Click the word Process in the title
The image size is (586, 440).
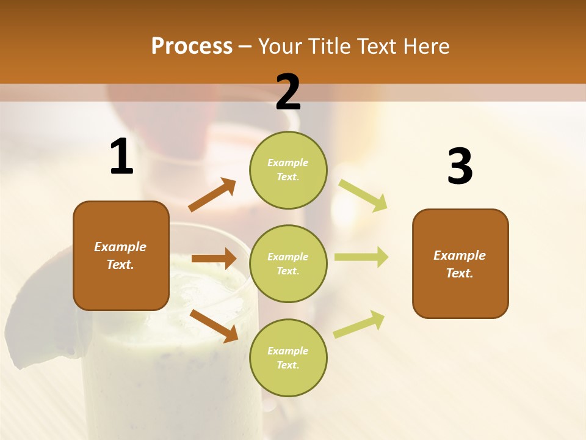pos(192,46)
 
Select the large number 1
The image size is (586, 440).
pos(121,157)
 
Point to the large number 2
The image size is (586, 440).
pos(288,92)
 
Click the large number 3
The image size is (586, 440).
pos(460,166)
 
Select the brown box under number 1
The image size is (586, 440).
pos(121,255)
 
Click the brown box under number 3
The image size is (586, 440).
pos(460,263)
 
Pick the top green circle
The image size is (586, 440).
pos(288,170)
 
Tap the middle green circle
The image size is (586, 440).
pos(288,263)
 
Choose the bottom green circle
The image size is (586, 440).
pos(288,358)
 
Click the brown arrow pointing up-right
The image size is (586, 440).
pos(212,195)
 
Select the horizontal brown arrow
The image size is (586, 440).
pos(214,258)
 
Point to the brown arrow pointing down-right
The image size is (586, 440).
pos(214,326)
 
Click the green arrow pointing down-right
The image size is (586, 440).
pos(363,195)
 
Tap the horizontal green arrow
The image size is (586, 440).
pos(361,257)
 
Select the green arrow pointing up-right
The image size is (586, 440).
pos(360,324)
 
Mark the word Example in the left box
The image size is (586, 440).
pos(120,247)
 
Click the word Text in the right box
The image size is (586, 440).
pos(458,273)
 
